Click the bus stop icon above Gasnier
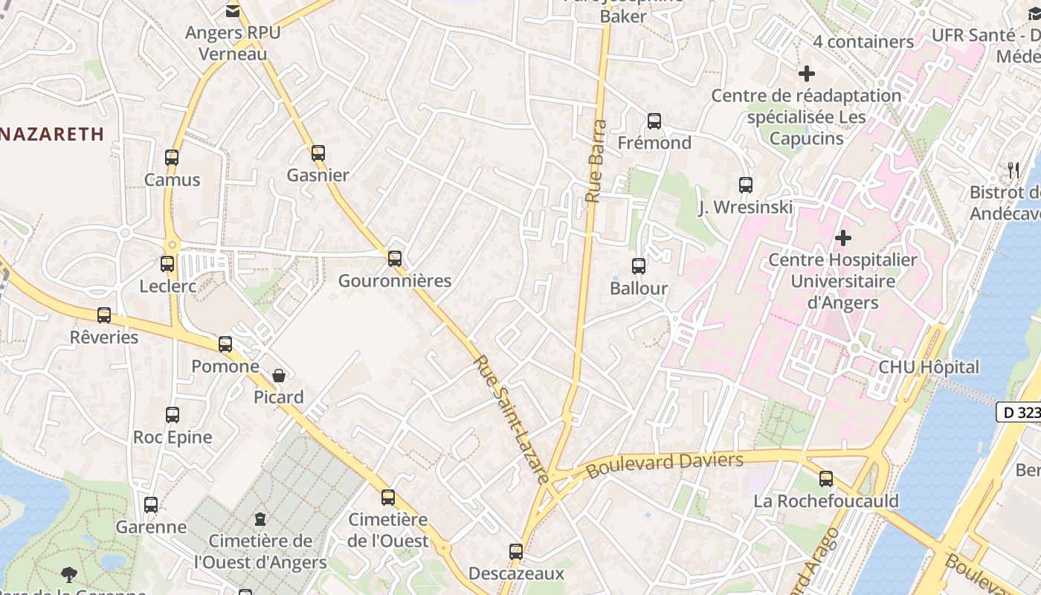point(318,153)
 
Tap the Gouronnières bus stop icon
point(395,259)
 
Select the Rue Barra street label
point(596,162)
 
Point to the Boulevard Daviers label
point(664,465)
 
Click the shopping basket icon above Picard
point(279,376)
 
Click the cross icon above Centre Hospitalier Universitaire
point(843,238)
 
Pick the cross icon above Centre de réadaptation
point(807,74)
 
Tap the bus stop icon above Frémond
point(654,120)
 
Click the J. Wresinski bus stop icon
point(746,185)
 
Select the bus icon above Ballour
point(639,266)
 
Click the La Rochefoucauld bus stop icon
point(826,479)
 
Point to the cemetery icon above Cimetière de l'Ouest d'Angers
point(260,518)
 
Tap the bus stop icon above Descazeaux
point(516,552)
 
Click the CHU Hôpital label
point(929,367)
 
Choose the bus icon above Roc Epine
point(173,415)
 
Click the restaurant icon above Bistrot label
point(1013,170)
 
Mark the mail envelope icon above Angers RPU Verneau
point(233,10)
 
